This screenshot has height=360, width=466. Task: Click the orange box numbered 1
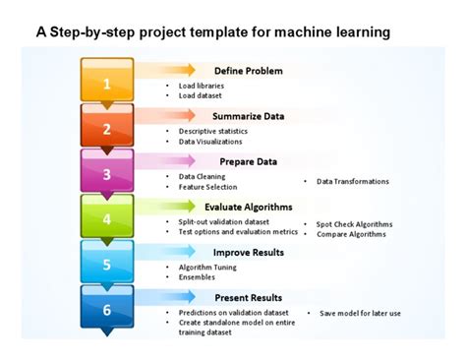click(107, 82)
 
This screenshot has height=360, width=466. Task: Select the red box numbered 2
click(107, 127)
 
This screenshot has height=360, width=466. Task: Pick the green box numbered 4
click(107, 217)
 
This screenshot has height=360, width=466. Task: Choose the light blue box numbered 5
click(107, 263)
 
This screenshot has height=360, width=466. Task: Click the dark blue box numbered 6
click(107, 308)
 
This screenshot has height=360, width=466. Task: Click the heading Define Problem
click(248, 71)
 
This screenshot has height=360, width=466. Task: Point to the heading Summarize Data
click(248, 116)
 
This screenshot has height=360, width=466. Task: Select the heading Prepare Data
click(248, 161)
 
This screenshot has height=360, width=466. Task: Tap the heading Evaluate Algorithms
click(248, 207)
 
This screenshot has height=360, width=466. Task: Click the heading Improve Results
click(248, 253)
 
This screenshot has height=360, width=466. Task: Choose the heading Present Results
click(248, 297)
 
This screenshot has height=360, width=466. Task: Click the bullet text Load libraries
click(202, 86)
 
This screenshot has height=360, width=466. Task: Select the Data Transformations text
click(352, 181)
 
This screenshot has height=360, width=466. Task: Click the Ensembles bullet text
click(197, 277)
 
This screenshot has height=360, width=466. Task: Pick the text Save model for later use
click(360, 313)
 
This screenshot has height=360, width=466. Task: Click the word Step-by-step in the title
click(90, 31)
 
